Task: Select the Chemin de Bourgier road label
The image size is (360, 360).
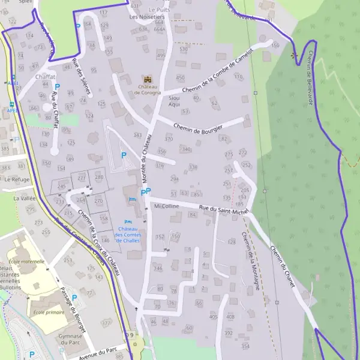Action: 198,127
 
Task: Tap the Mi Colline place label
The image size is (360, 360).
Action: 166,206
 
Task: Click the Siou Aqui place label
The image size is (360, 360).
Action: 174,101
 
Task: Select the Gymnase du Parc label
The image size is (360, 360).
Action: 70,340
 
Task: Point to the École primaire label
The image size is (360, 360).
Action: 48,312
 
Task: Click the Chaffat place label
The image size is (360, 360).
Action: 45,77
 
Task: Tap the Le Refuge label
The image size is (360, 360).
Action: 16,179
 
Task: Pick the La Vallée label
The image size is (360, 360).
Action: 25,197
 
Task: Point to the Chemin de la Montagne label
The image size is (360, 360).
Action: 251,261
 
